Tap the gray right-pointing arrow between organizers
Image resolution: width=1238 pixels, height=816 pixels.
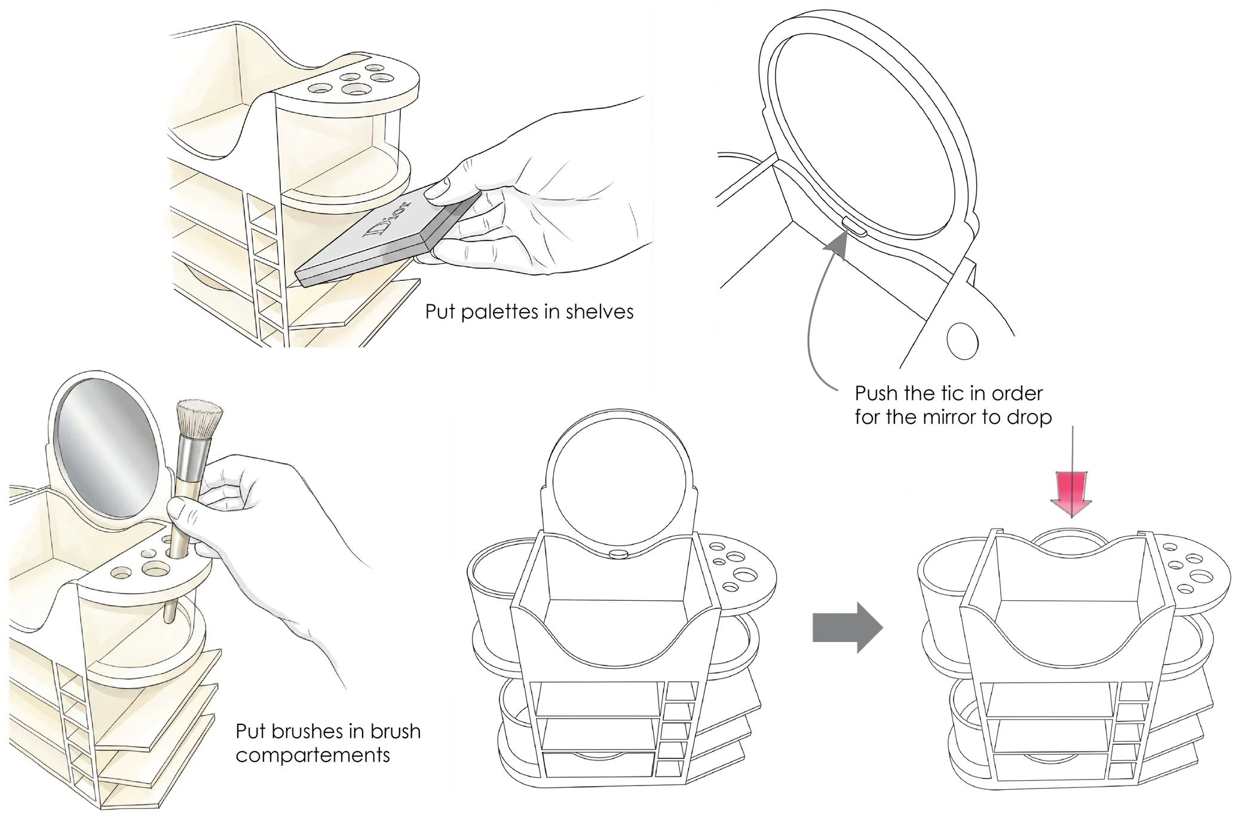pos(847,627)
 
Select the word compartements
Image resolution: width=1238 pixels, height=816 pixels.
pos(312,756)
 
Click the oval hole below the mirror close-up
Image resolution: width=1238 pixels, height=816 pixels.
pos(963,341)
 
